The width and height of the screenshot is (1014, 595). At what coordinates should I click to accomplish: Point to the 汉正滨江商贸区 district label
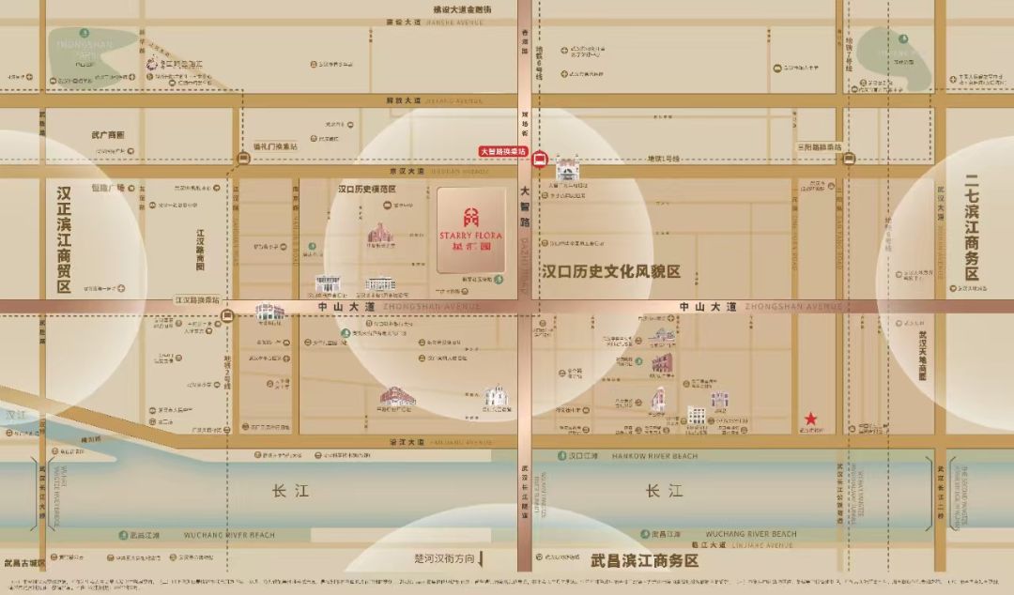(x=64, y=239)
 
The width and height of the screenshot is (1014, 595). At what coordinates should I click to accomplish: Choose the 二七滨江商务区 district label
(x=972, y=229)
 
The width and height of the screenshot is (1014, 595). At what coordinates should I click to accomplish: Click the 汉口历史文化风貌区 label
(x=610, y=272)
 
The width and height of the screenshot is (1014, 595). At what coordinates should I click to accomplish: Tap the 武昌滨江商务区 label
(x=646, y=560)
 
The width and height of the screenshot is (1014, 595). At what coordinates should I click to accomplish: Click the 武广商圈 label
(x=108, y=135)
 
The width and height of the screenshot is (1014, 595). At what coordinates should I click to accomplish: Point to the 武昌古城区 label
(x=23, y=563)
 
